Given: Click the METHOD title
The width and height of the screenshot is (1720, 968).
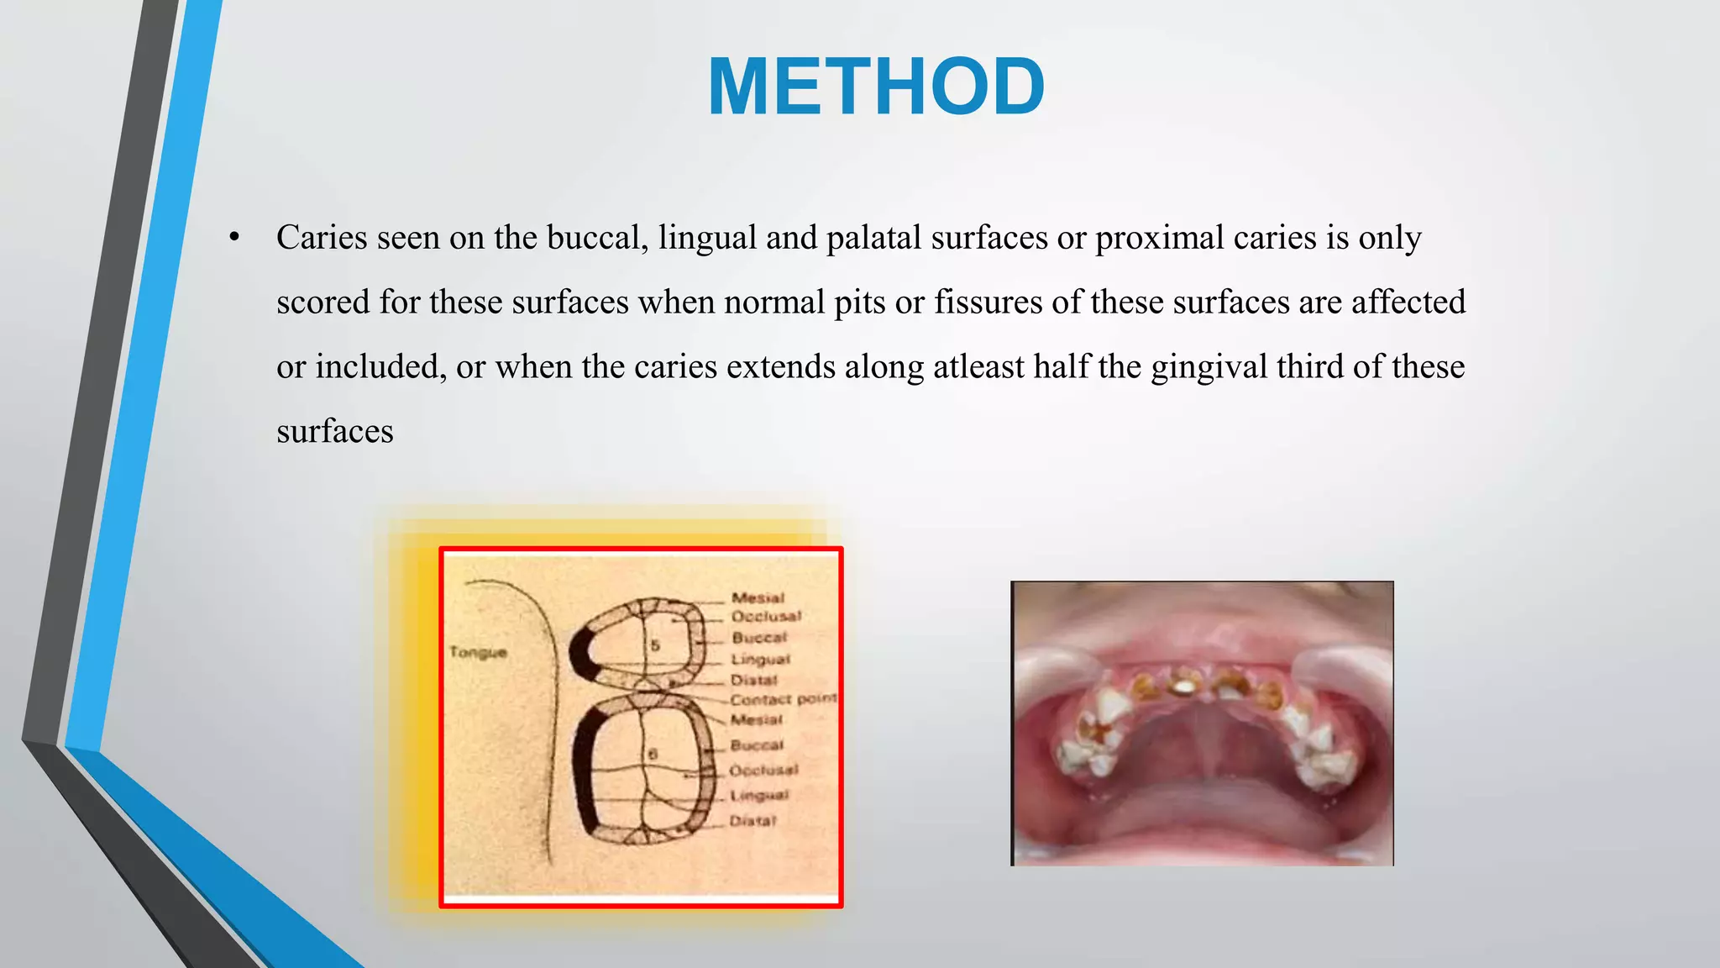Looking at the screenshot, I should tap(876, 87).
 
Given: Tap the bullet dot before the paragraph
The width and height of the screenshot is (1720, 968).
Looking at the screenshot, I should tap(234, 238).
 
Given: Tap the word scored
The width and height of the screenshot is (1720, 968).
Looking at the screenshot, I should tap(322, 302).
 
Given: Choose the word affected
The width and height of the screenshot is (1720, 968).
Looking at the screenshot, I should tap(1408, 302).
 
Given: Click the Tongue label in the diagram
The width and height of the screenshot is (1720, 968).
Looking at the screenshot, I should tap(478, 652).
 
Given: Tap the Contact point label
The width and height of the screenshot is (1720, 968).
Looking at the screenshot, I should tap(783, 699).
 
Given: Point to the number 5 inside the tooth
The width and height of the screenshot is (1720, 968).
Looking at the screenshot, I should tap(655, 645).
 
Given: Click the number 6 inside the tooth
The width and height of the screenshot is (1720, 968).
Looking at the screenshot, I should tap(652, 755).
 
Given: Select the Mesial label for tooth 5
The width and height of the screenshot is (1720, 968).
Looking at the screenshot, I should tap(758, 597).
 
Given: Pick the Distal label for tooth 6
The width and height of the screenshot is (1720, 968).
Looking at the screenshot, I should tap(752, 820).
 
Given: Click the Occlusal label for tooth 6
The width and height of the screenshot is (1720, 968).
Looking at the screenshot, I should tap(763, 770).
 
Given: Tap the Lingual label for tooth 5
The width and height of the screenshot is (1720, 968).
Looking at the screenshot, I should tap(760, 660).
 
